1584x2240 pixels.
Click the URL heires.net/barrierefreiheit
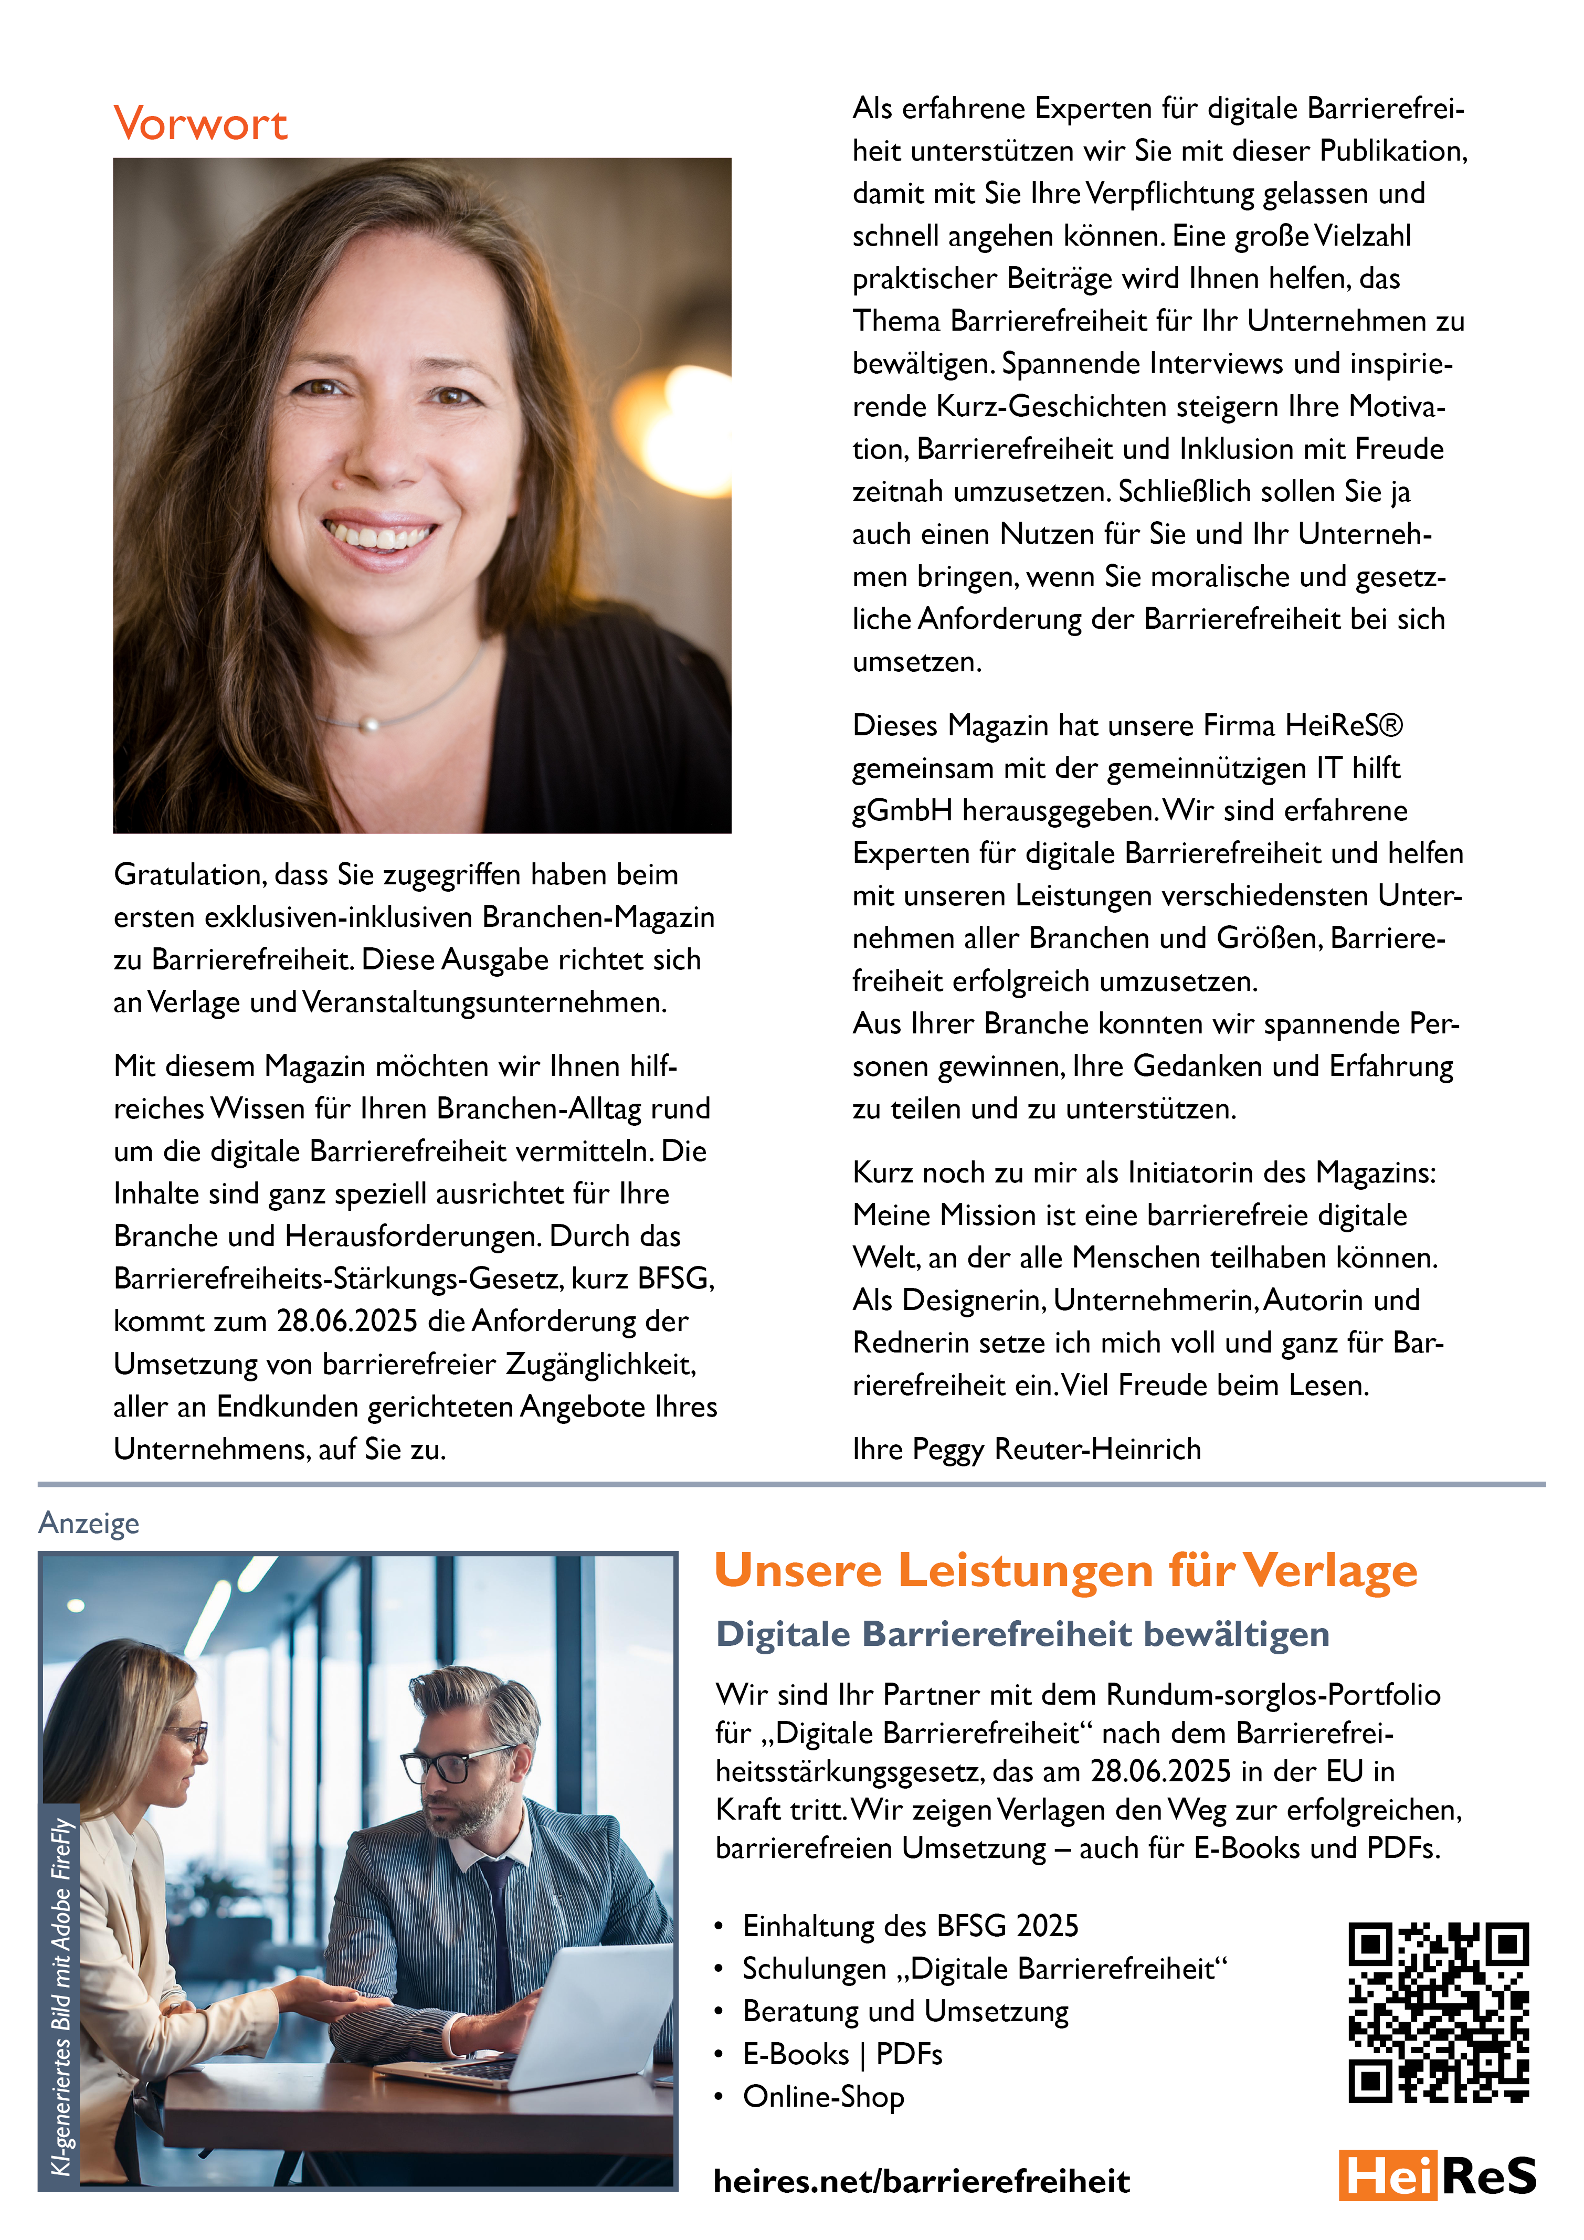(x=922, y=2181)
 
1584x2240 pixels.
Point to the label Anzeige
(x=89, y=1523)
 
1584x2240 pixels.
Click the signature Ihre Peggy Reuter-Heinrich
(x=1026, y=1449)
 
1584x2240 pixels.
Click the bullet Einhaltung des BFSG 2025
(x=910, y=1926)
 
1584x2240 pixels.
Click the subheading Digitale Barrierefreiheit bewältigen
(x=1022, y=1634)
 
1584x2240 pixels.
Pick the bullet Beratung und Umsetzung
(x=905, y=2011)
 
